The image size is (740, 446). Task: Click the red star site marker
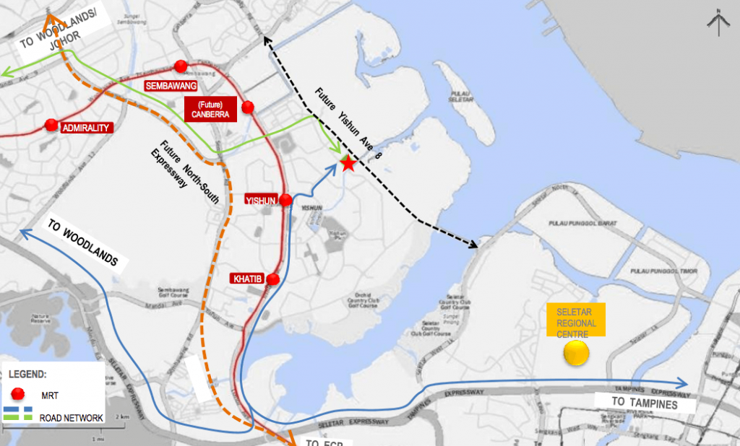[348, 164]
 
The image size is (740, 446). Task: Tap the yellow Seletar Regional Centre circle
[577, 353]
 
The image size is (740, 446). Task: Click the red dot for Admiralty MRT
[51, 126]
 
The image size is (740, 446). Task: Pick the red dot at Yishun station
[286, 200]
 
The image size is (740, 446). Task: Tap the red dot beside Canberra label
[248, 108]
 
